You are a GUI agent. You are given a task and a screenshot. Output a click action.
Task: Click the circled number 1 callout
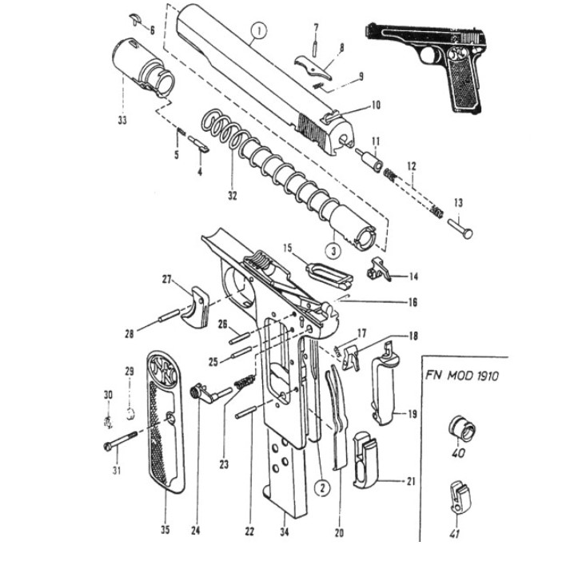coord(257,33)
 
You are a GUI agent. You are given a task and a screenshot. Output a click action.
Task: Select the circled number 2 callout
coord(319,487)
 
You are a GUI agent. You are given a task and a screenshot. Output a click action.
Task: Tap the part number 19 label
coord(413,414)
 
